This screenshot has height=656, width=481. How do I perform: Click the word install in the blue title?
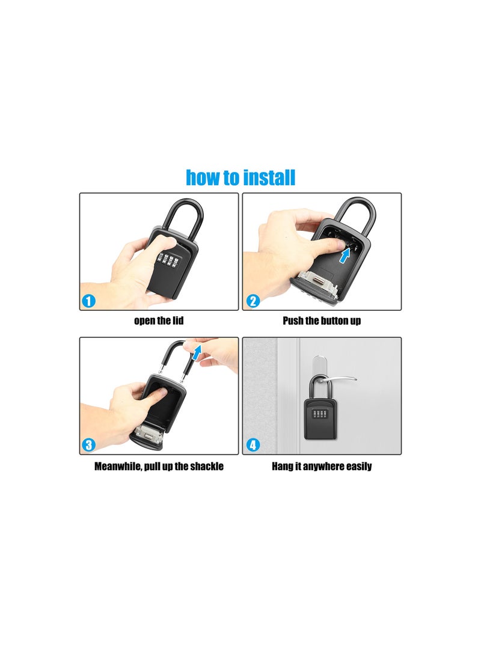(x=269, y=178)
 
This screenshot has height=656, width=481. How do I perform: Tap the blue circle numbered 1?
(x=89, y=301)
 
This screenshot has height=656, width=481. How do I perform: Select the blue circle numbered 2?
(x=253, y=301)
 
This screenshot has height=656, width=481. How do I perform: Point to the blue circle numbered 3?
(x=89, y=445)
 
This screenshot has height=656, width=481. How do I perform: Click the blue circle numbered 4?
(x=253, y=445)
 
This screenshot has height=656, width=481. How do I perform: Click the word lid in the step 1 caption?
(x=176, y=321)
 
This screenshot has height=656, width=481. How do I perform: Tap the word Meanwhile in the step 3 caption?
(x=120, y=467)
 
